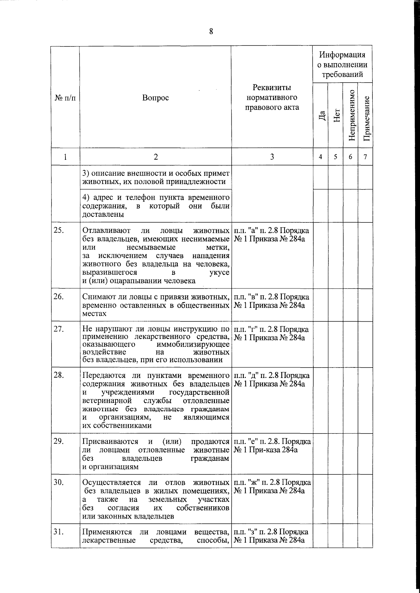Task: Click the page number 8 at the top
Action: [x=211, y=31]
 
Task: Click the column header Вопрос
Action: [x=155, y=98]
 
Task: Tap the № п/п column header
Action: [x=65, y=98]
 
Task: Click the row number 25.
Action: [x=58, y=231]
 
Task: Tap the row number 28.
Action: [x=58, y=376]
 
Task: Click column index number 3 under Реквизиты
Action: [x=272, y=157]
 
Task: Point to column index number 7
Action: [x=365, y=157]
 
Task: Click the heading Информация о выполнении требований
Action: [x=342, y=64]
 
